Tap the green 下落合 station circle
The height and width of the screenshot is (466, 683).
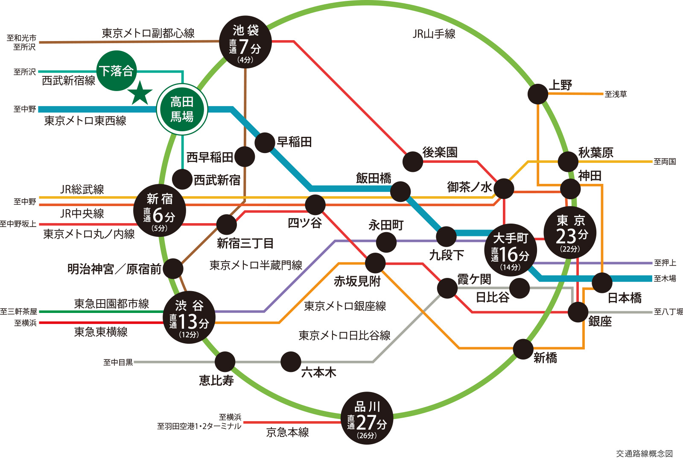pos(117,71)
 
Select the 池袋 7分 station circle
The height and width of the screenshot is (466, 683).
pos(245,42)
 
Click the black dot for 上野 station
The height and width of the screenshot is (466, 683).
pos(538,94)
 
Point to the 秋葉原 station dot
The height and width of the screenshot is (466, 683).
pos(568,162)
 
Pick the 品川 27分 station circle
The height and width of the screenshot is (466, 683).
pos(367,418)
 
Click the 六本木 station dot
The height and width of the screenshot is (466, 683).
pos(291,362)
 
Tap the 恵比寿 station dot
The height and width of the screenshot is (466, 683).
pos(225,362)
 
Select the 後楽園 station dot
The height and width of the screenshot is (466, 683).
pos(413,162)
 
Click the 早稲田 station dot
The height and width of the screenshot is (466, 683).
pos(265,142)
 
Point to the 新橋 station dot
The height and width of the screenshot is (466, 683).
pos(523,349)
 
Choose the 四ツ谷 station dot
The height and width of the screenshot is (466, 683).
pos(315,205)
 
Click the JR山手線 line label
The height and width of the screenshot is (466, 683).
pos(434,34)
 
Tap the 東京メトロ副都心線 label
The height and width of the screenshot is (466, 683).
pos(148,33)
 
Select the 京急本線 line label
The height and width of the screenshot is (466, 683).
pos(287,432)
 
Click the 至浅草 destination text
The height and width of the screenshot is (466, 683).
pos(616,94)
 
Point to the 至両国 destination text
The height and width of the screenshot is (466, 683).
pos(665,162)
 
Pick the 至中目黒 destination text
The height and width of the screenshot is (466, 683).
pos(118,363)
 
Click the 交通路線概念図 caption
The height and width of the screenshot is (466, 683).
pos(644,453)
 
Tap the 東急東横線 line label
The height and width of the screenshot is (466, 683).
pos(101,332)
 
